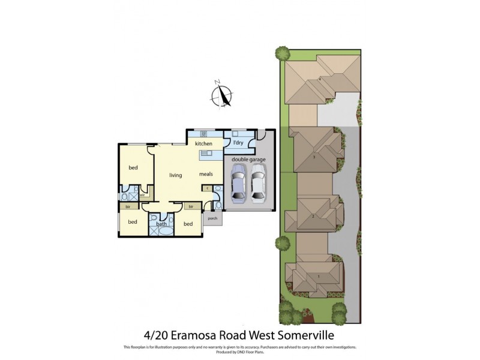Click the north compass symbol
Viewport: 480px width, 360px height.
click(x=223, y=95)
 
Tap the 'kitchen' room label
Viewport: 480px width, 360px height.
click(x=203, y=144)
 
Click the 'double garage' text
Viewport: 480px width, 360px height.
click(x=249, y=160)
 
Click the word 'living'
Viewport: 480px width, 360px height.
click(x=175, y=175)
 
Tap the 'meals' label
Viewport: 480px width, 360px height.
click(x=206, y=175)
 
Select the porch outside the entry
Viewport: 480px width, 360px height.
click(x=212, y=218)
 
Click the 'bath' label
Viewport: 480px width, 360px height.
click(x=161, y=224)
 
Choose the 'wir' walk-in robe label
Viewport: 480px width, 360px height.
click(x=142, y=195)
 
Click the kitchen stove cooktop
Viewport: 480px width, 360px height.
click(x=203, y=134)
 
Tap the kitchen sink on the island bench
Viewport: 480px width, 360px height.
click(x=207, y=154)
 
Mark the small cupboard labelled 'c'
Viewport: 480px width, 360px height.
click(x=207, y=188)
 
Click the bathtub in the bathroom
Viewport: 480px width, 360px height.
click(x=166, y=230)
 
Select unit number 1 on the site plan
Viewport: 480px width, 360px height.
click(x=318, y=275)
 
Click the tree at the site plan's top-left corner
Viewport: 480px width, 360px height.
click(x=283, y=53)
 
